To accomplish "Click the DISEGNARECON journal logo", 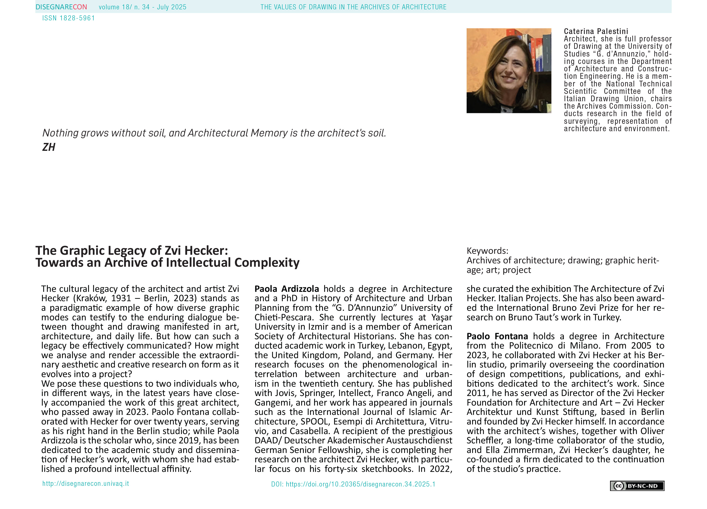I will click(61, 7).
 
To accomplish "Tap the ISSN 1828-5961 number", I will click(68, 18).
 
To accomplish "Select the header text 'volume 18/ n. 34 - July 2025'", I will click(142, 7).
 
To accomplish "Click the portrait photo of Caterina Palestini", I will click(509, 71).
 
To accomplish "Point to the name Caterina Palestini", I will click(596, 31).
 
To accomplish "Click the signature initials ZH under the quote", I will click(49, 147).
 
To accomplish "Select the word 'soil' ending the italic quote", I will click(376, 133).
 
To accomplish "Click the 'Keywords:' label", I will click(487, 251).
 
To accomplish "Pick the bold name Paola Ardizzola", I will click(287, 289).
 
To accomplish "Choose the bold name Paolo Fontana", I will click(497, 336).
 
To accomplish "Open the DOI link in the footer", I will click(353, 484).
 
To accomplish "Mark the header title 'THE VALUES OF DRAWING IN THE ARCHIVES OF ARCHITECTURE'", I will click(353, 7).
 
